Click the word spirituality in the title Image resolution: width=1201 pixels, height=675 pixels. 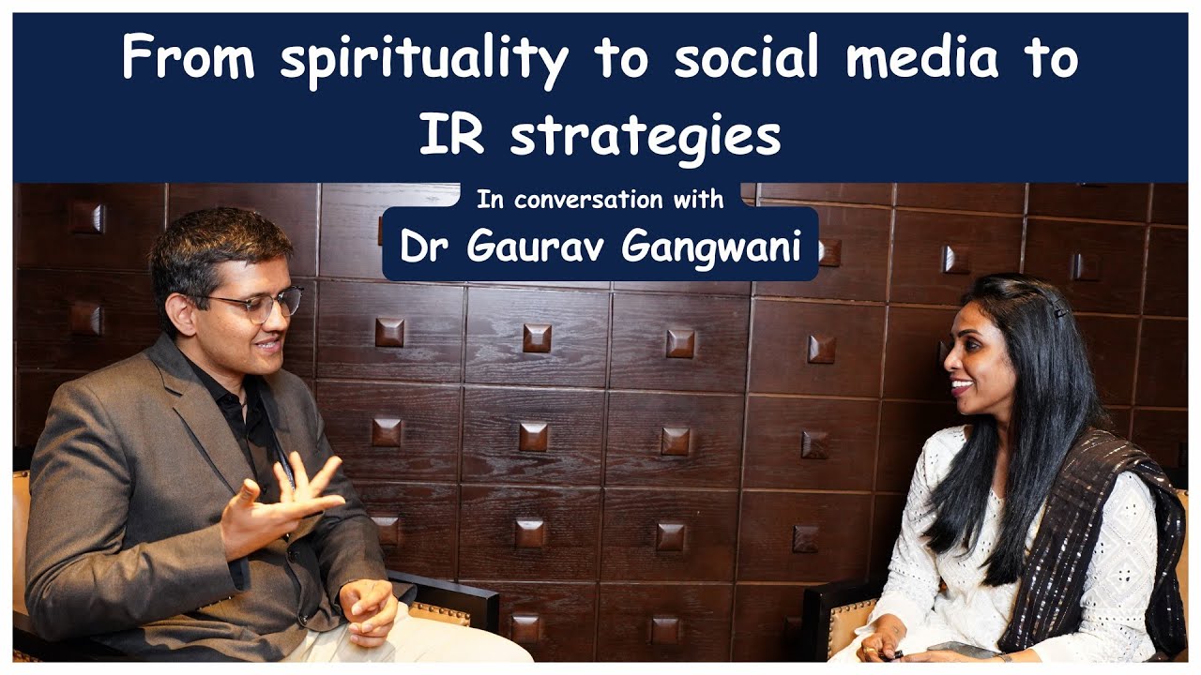pos(424,60)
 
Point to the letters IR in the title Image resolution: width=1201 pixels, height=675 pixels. pos(451,136)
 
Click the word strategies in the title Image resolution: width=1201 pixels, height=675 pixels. pos(646,137)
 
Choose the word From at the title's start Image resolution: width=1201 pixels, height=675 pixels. pos(188,60)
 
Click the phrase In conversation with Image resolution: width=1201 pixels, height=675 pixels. pos(600,199)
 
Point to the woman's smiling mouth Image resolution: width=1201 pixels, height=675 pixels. pos(960,385)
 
